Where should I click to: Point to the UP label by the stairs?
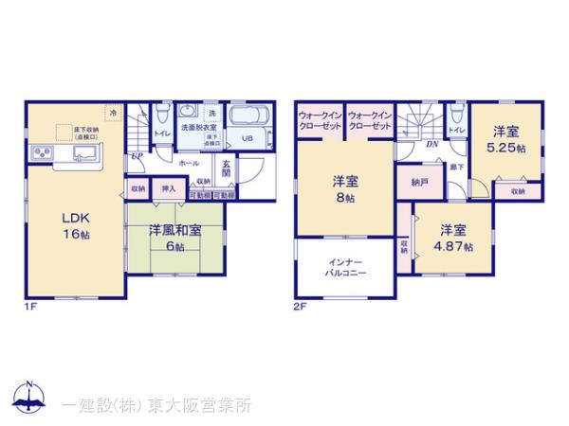(138, 156)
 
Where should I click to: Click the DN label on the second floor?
(431, 145)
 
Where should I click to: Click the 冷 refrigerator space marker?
(114, 114)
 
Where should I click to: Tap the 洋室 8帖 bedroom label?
(343, 189)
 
